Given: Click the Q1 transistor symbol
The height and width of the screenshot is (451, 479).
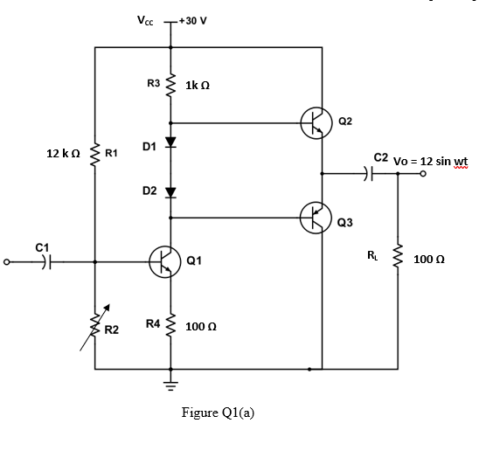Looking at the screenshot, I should [x=163, y=261].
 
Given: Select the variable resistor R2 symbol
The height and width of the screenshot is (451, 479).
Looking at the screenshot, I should [x=94, y=330].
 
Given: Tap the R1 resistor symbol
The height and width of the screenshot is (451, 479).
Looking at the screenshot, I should [x=94, y=154].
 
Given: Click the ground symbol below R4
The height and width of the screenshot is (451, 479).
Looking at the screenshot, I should [x=171, y=383].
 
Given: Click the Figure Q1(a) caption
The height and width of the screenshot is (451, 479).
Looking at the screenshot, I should [x=217, y=413].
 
